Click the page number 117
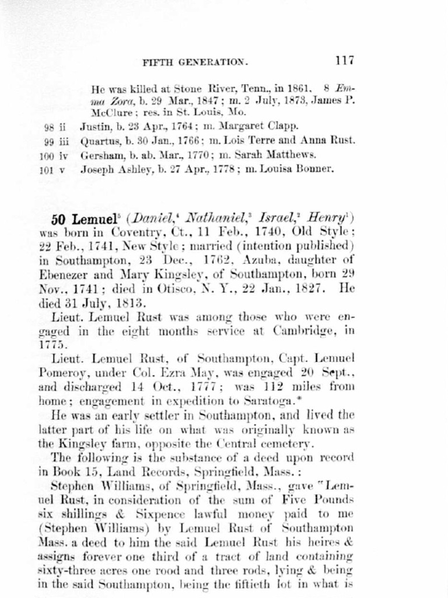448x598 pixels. pyautogui.click(x=344, y=60)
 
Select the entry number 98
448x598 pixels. pyautogui.click(x=49, y=126)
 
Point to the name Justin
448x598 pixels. pyautogui.click(x=92, y=126)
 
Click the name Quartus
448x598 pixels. pyautogui.click(x=96, y=140)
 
